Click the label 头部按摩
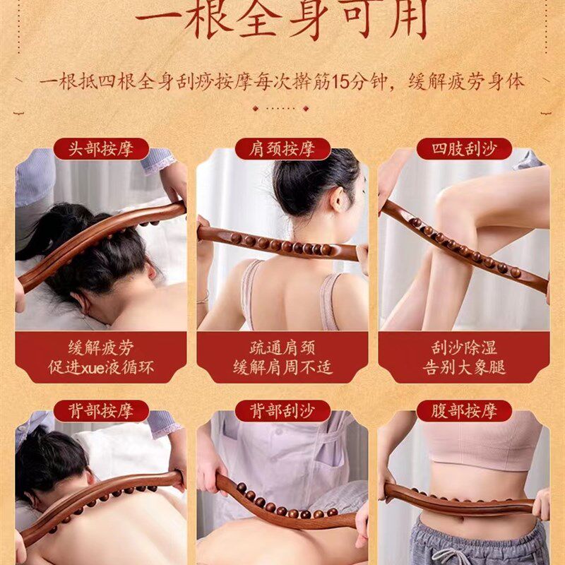point(100,149)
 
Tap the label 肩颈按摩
point(282,149)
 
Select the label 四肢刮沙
point(464,149)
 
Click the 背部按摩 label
point(100,411)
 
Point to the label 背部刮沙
point(282,411)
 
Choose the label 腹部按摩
point(464,411)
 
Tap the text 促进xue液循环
point(100,368)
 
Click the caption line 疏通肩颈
point(282,348)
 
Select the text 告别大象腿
point(464,368)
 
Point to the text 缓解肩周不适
point(282,368)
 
